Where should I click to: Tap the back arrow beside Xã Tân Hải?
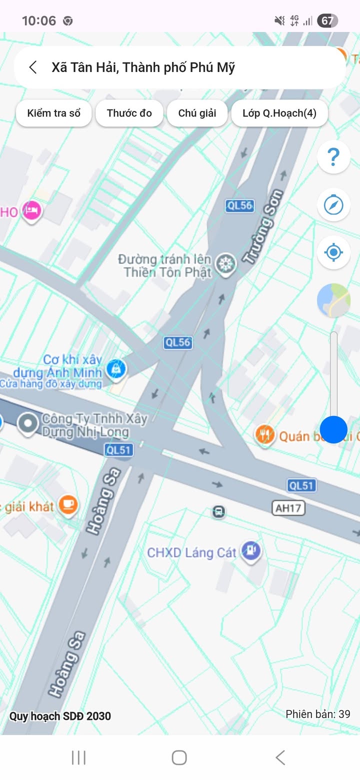click(x=33, y=67)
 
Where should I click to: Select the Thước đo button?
click(x=129, y=113)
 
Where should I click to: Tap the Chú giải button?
click(x=197, y=113)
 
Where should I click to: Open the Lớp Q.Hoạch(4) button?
click(x=279, y=113)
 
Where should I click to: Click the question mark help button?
click(x=333, y=157)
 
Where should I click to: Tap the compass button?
click(x=333, y=204)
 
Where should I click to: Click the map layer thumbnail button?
click(x=333, y=300)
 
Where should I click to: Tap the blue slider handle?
click(x=333, y=429)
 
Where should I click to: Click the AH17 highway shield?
click(x=289, y=508)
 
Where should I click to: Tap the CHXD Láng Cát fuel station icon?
click(x=251, y=551)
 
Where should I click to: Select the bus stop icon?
click(x=218, y=511)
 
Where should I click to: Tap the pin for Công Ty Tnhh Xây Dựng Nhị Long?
click(x=27, y=423)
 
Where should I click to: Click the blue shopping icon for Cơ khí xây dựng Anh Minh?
click(x=116, y=369)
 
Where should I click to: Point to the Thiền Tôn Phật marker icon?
click(x=226, y=263)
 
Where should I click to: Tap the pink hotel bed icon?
click(x=32, y=210)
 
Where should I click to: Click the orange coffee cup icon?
click(x=68, y=505)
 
